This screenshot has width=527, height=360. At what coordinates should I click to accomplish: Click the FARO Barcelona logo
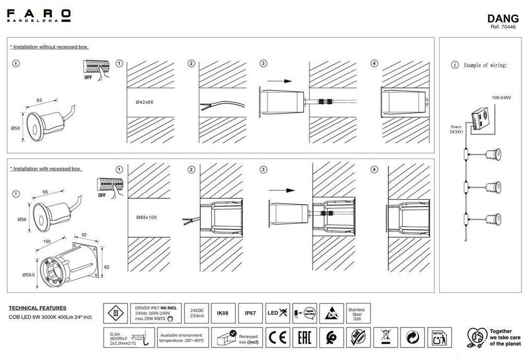pos(39,15)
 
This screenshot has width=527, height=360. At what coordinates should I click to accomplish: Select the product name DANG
pos(502,19)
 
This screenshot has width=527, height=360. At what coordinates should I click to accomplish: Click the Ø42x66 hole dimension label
pos(144,102)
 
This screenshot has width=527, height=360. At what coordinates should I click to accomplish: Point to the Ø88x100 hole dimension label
pos(146,217)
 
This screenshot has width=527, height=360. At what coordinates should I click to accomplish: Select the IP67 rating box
pos(250,313)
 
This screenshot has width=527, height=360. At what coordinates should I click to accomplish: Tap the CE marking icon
pos(278,337)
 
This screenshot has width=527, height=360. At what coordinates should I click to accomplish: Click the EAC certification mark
pos(304,337)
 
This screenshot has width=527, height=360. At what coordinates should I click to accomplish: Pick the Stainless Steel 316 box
pos(358,314)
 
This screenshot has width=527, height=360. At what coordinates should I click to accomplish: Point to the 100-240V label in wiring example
pos(501,98)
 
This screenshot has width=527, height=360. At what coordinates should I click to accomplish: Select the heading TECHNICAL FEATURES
pos(38,308)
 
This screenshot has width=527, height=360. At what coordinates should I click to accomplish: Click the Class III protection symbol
pos(116,313)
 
